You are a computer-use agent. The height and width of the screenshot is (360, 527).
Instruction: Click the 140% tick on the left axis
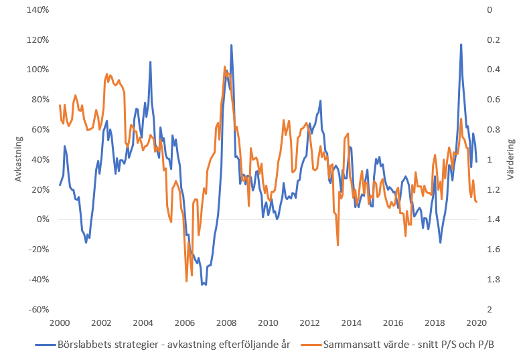pos(37,10)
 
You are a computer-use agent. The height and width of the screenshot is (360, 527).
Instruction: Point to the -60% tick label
pos(39,309)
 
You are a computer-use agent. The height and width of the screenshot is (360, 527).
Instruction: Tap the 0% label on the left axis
pos(43,219)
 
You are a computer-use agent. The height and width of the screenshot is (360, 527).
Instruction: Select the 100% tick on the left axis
pos(37,70)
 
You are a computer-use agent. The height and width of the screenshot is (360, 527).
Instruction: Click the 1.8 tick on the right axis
pos(494,280)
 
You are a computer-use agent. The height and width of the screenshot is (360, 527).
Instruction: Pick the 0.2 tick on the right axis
pos(494,40)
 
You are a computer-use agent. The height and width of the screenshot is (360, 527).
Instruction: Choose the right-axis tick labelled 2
pos(490,309)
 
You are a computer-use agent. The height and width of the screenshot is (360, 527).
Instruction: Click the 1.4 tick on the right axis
pos(494,219)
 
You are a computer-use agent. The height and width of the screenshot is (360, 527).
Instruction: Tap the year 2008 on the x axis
pos(226,323)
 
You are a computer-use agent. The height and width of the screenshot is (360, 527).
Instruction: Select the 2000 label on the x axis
pos(60,323)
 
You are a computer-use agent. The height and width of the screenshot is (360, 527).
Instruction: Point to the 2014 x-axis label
pos(351,323)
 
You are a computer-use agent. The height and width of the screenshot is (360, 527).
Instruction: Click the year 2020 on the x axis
pos(477,323)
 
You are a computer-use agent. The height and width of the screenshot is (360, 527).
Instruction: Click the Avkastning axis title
pos(18,159)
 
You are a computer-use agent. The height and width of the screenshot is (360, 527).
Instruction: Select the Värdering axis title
pos(511,159)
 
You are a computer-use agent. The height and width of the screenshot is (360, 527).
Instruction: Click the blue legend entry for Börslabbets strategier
pos(163,345)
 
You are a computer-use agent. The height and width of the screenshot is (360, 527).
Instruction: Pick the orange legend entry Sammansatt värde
pos(398,345)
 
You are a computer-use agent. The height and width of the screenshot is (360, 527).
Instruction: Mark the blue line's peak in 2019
pos(461,44)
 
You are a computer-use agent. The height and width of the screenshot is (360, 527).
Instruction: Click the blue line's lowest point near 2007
pos(206,284)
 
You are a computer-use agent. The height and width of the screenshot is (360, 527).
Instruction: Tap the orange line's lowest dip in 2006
pos(187,282)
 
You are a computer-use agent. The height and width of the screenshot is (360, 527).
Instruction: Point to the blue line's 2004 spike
pos(150,62)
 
